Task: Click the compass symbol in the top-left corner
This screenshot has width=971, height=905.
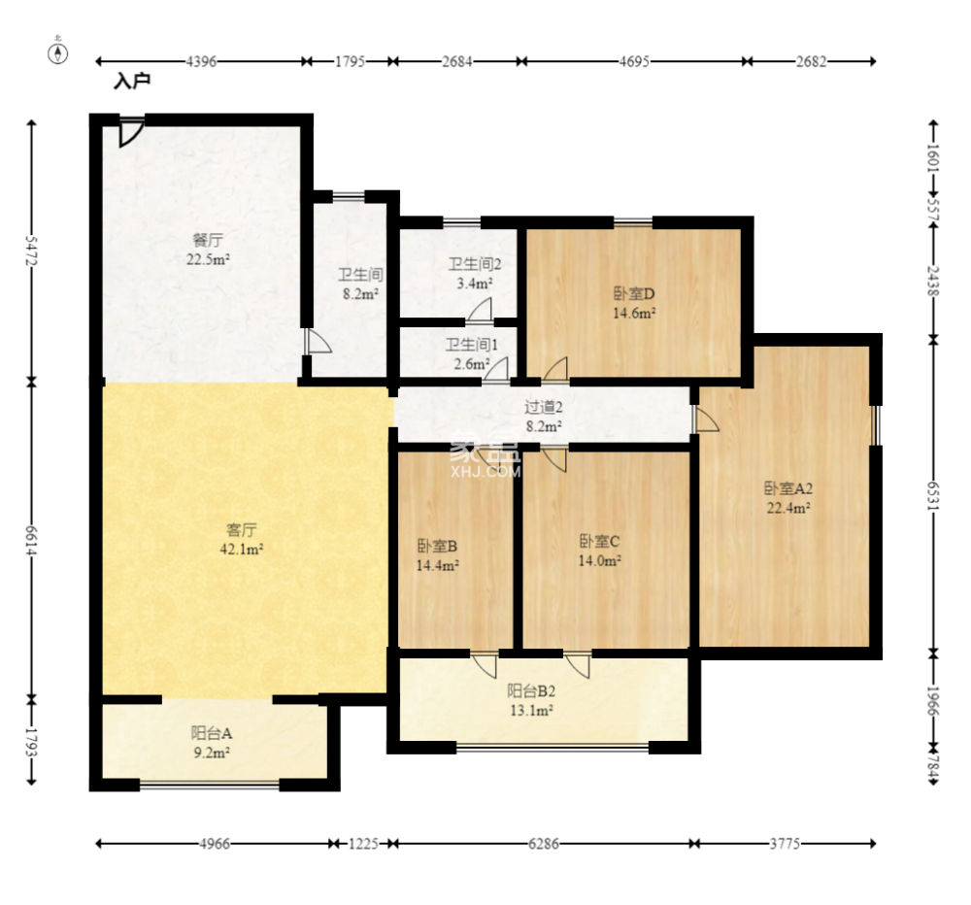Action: pyautogui.click(x=58, y=53)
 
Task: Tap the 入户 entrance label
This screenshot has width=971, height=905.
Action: pyautogui.click(x=132, y=82)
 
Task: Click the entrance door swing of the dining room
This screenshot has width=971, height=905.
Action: pyautogui.click(x=131, y=133)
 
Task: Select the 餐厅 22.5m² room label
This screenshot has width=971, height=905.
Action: pyautogui.click(x=208, y=250)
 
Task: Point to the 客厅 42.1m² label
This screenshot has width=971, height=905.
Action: pyautogui.click(x=242, y=539)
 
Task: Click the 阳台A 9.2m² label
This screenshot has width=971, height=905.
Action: pyautogui.click(x=211, y=743)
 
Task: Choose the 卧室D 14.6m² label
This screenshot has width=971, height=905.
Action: pyautogui.click(x=634, y=303)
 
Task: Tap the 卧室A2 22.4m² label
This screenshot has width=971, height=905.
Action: pyautogui.click(x=788, y=498)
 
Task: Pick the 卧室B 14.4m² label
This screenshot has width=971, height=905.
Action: pyautogui.click(x=438, y=555)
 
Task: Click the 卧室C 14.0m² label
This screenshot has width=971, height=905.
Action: pyautogui.click(x=599, y=551)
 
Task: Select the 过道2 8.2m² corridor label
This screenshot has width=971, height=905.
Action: pyautogui.click(x=543, y=417)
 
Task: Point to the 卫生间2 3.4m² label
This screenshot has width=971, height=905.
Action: pyautogui.click(x=475, y=274)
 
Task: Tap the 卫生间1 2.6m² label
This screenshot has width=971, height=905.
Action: pyautogui.click(x=472, y=354)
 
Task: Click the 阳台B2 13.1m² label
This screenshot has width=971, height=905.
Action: pyautogui.click(x=531, y=700)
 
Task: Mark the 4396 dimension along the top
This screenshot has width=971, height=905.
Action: pyautogui.click(x=201, y=61)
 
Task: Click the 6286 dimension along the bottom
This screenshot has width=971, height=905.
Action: pyautogui.click(x=543, y=844)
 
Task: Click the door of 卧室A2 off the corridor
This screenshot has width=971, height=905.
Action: pyautogui.click(x=705, y=419)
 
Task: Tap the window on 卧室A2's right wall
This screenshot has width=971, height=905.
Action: pyautogui.click(x=876, y=425)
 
